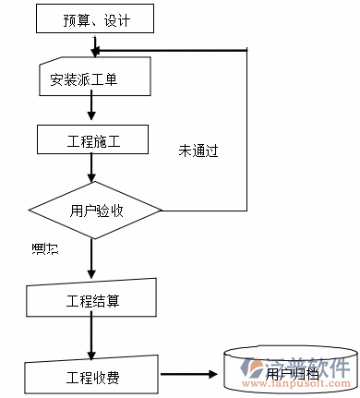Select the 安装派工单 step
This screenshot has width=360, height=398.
(x=94, y=80)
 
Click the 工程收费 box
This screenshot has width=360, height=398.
(x=93, y=377)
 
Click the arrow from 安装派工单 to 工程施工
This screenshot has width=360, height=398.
(x=91, y=109)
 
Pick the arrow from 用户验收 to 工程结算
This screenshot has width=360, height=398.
(x=91, y=259)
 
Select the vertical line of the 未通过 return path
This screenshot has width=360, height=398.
(x=246, y=129)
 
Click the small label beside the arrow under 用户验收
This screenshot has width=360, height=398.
(x=43, y=248)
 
